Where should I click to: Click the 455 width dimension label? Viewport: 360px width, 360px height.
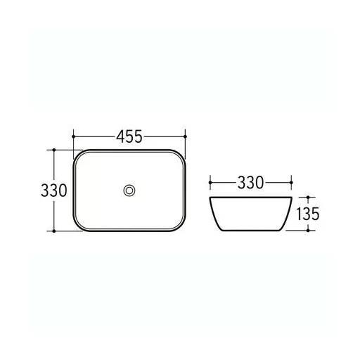click(x=129, y=136)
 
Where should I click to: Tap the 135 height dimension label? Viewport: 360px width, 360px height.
click(x=308, y=214)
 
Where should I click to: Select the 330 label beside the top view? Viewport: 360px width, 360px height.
click(x=54, y=191)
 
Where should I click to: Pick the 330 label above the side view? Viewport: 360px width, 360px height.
click(x=250, y=183)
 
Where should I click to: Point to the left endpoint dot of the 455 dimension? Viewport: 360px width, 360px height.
click(x=74, y=136)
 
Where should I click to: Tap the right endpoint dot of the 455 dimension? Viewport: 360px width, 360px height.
click(x=185, y=136)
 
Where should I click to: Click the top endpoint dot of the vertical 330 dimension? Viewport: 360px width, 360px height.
click(x=54, y=150)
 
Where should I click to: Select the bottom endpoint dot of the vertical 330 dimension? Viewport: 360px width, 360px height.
click(x=54, y=231)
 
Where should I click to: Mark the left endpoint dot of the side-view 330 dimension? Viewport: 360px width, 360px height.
click(x=210, y=182)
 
